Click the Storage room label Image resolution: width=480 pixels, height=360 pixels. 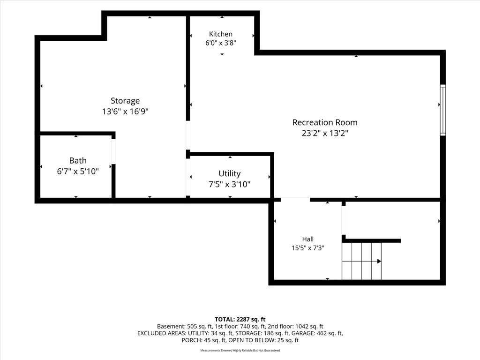pyautogui.click(x=125, y=101)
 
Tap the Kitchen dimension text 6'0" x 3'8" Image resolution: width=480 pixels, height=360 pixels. pyautogui.click(x=221, y=43)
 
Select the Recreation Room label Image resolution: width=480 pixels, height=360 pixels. pyautogui.click(x=325, y=122)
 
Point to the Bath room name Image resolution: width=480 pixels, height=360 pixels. pyautogui.click(x=78, y=160)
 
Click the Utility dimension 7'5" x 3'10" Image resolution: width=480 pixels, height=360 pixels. pyautogui.click(x=230, y=184)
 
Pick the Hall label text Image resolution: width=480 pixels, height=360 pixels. pyautogui.click(x=307, y=239)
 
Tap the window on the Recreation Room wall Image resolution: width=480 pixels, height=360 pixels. pyautogui.click(x=442, y=110)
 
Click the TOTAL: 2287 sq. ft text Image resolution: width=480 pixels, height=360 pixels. pyautogui.click(x=240, y=320)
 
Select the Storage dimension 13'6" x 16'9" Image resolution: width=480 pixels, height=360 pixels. pyautogui.click(x=125, y=111)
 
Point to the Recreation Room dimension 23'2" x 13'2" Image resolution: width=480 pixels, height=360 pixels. pyautogui.click(x=325, y=133)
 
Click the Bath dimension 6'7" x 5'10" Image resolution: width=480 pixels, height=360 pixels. pyautogui.click(x=78, y=171)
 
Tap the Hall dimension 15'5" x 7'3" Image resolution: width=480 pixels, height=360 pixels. pyautogui.click(x=307, y=248)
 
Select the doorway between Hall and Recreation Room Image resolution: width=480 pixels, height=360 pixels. pyautogui.click(x=295, y=200)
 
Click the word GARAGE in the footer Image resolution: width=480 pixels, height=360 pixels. pyautogui.click(x=303, y=333)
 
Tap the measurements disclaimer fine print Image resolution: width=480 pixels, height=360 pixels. pyautogui.click(x=240, y=350)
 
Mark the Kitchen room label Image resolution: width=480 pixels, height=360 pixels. pyautogui.click(x=221, y=34)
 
